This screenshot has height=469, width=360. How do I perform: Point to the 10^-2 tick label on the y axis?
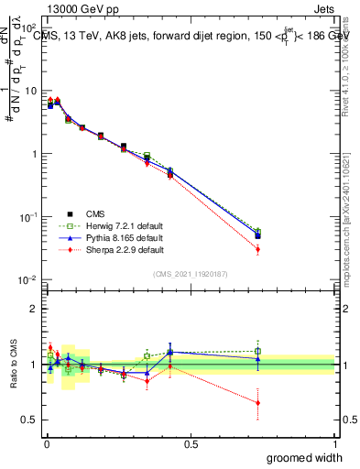pyautogui.click(x=30, y=279)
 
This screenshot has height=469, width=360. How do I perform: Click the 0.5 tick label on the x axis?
pyautogui.click(x=191, y=444)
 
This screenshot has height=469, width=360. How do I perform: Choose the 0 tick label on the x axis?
pyautogui.click(x=47, y=444)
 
